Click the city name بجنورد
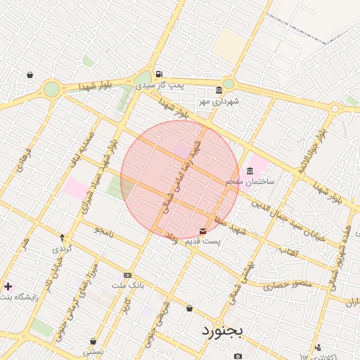(221, 329)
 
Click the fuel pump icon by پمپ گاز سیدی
(160, 74)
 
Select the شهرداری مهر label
(219, 101)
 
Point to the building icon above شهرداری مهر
(219, 90)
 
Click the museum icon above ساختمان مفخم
(250, 171)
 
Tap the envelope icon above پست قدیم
(203, 231)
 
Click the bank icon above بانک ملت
(127, 275)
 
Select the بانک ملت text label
(128, 285)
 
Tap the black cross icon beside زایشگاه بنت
(8, 286)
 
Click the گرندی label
(62, 249)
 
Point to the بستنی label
(94, 351)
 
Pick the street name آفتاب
(289, 251)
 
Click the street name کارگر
(127, 307)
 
